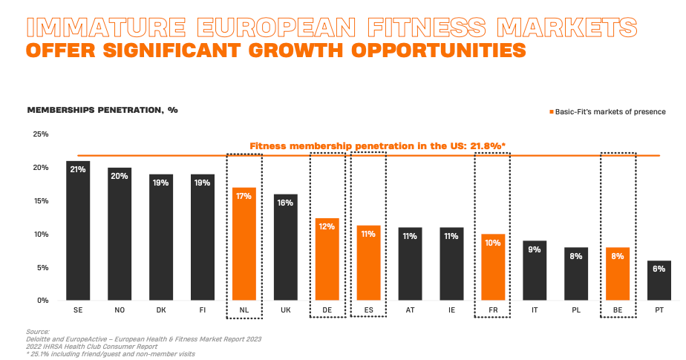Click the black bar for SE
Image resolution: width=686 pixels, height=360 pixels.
pos(78,231)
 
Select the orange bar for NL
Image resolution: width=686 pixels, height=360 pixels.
pos(244,244)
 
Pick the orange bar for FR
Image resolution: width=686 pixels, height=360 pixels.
pos(493,267)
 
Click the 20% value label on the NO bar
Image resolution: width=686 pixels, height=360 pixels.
pos(120,177)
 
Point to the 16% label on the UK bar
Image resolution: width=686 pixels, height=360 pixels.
pos(285,203)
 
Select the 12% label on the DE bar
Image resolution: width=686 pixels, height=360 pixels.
pos(327,227)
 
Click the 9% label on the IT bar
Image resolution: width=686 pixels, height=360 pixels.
pos(535,249)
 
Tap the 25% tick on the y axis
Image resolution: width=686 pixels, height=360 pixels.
pos(40,134)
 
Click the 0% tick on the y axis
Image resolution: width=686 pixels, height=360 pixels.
pos(42,301)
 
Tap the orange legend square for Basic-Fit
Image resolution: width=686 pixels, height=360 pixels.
pos(551,112)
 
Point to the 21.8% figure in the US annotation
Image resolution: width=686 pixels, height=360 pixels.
pos(483,146)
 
